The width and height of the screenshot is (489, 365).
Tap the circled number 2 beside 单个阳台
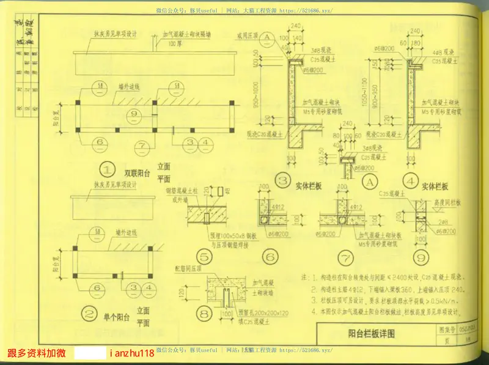coord(89,315)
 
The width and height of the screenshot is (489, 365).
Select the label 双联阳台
coord(137,173)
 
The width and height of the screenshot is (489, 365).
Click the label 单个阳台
coord(117,317)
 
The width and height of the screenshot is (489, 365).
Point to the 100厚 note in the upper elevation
coord(175,44)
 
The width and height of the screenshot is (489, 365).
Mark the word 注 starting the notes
coord(306,278)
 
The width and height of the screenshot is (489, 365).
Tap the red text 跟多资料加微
coord(36,353)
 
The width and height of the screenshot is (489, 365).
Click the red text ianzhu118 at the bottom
coord(131,353)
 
